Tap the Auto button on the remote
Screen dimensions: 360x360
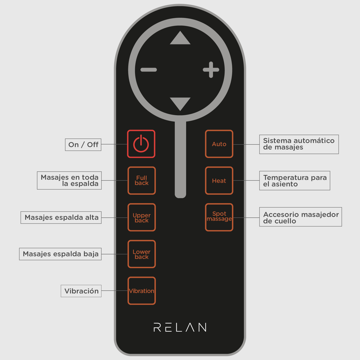pos(219,144)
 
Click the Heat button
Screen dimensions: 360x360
pos(219,180)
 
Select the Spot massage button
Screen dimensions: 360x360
pos(219,217)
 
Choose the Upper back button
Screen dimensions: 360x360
pos(141,217)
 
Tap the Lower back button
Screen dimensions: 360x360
pos(141,254)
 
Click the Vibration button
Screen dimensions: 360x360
pos(141,290)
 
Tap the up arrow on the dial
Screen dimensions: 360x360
pos(180,38)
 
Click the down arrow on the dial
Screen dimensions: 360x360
pos(180,103)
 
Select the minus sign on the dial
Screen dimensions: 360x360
pos(148,70)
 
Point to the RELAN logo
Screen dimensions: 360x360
pos(179,327)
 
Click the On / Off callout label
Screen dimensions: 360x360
pos(83,144)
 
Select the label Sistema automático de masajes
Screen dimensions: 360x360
pos(299,144)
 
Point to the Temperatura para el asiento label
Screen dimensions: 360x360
pos(294,180)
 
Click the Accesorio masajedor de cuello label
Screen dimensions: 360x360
pos(300,217)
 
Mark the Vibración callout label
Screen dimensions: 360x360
pos(81,290)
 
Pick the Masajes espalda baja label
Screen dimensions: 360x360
pos(60,254)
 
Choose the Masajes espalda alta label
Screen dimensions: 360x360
pos(61,217)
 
